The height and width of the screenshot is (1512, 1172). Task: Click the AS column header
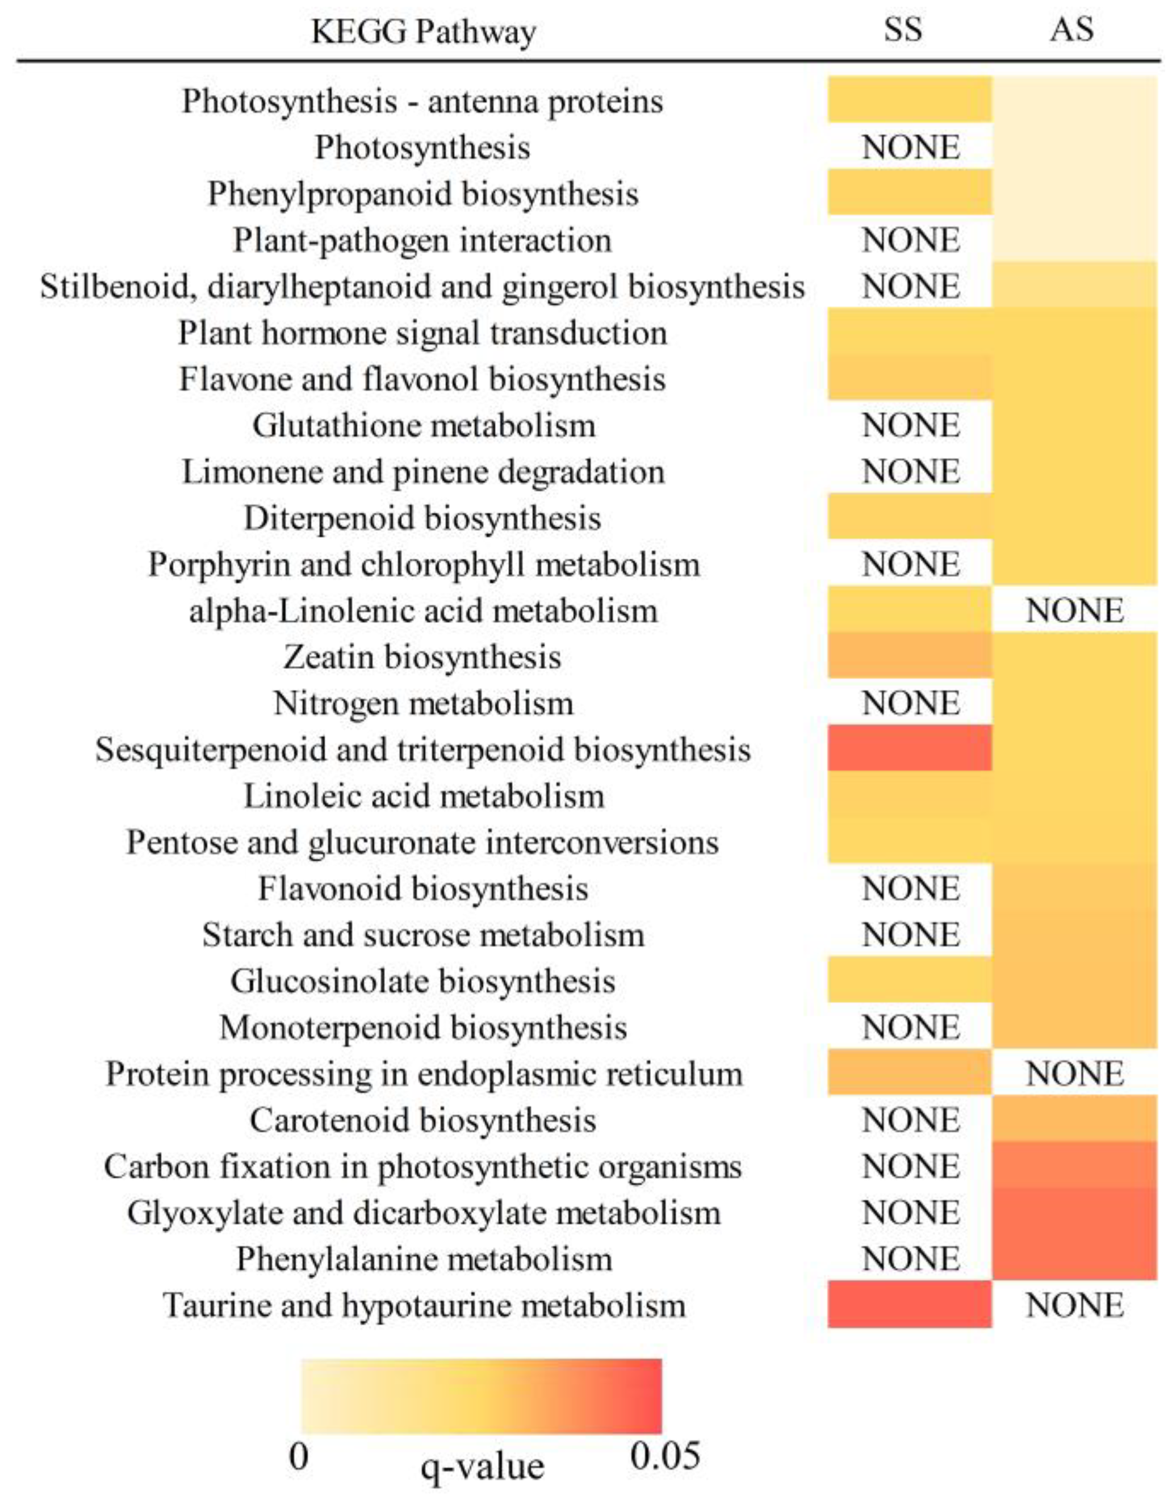pos(1071,30)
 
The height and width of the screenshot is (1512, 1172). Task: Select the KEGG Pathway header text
pos(423,32)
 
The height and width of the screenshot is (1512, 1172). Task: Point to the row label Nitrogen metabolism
pos(423,703)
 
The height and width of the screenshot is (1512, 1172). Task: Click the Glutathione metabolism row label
pos(423,425)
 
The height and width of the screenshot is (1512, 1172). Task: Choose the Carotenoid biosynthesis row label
pos(422,1120)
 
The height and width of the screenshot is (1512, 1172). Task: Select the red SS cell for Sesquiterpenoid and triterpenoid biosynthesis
pos(909,748)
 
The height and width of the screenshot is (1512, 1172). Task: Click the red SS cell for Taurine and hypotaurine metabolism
pos(909,1304)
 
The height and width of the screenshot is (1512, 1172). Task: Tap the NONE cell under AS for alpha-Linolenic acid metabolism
pos(1074,610)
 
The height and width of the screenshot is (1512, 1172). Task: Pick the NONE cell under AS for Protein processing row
pos(1074,1074)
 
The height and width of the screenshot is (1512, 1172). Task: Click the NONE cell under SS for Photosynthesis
pos(910,148)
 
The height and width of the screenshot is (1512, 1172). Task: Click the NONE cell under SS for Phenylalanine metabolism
pos(910,1259)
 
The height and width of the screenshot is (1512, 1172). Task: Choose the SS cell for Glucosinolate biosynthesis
pos(909,981)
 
